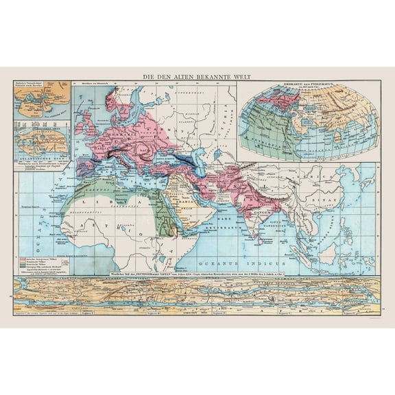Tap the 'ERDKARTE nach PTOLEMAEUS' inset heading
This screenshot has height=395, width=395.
pos(307,86)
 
